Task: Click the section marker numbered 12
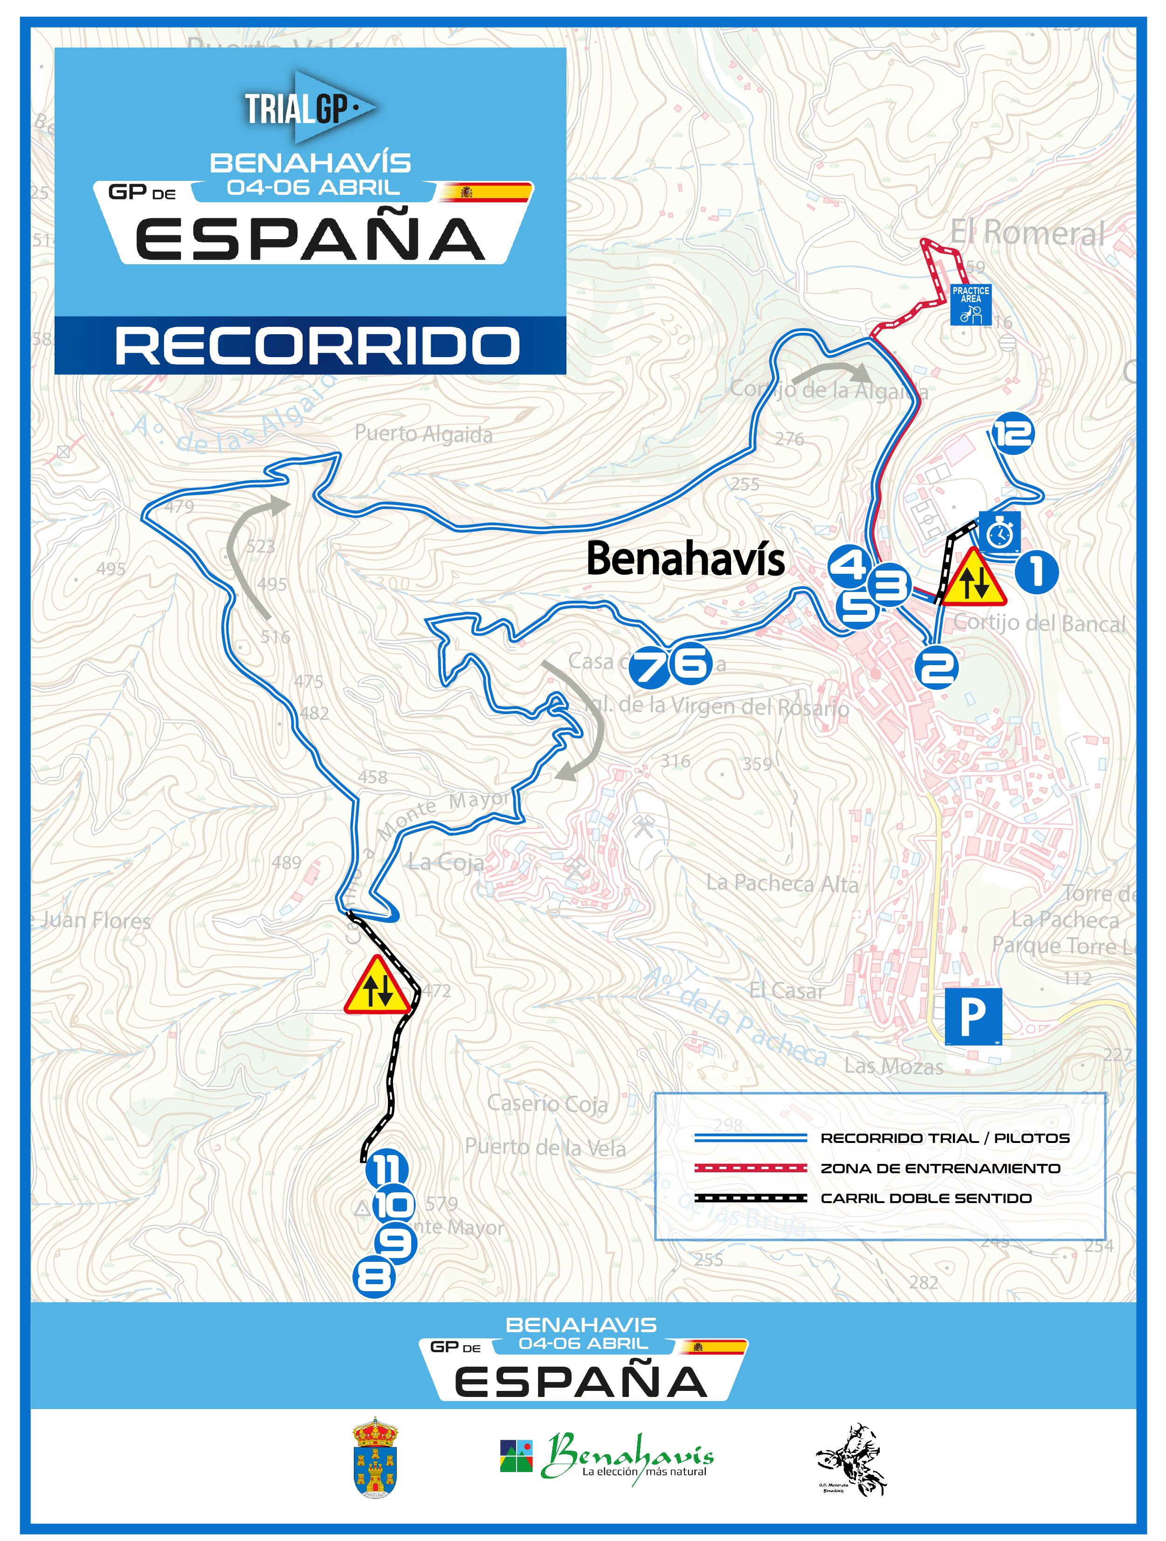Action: [1013, 433]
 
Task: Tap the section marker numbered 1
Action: [1036, 572]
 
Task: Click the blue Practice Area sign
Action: [971, 304]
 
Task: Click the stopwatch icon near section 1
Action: [1000, 533]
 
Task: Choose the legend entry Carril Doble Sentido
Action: [925, 1198]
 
